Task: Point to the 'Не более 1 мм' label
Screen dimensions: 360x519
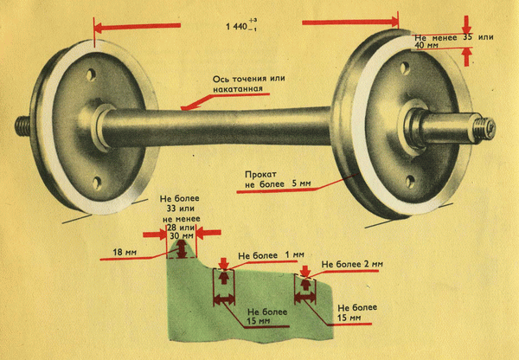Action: [x=271, y=254]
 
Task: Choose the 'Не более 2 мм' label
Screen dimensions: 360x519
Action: [x=352, y=263]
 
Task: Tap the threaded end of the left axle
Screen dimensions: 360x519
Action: [x=22, y=125]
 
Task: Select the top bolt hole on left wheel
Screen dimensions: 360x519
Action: [x=90, y=76]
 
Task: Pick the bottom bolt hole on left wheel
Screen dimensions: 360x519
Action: [x=96, y=181]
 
